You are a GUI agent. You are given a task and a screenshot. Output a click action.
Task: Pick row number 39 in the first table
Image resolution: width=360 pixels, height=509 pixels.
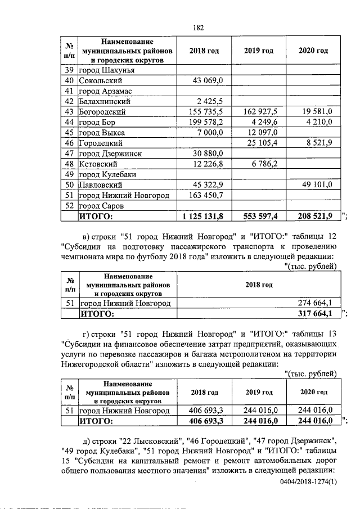click(x=70, y=70)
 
